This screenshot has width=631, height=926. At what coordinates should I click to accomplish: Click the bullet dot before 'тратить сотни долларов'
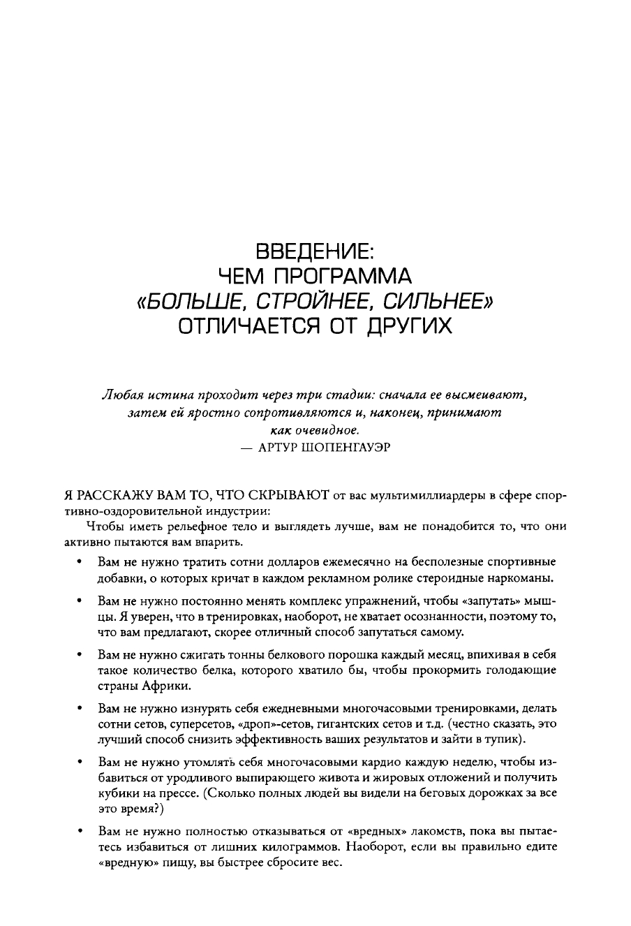tap(82, 561)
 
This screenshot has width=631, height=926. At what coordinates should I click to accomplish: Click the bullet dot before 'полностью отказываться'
tap(82, 831)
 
